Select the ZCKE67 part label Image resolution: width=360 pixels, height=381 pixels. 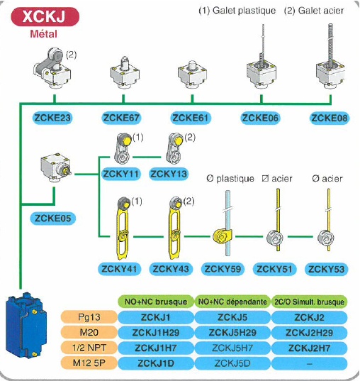[122, 118]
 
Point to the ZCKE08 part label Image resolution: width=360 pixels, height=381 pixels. [330, 118]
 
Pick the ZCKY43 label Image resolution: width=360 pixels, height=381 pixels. [174, 269]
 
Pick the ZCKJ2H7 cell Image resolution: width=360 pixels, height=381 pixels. [310, 348]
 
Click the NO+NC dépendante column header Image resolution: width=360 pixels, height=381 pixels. [232, 302]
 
